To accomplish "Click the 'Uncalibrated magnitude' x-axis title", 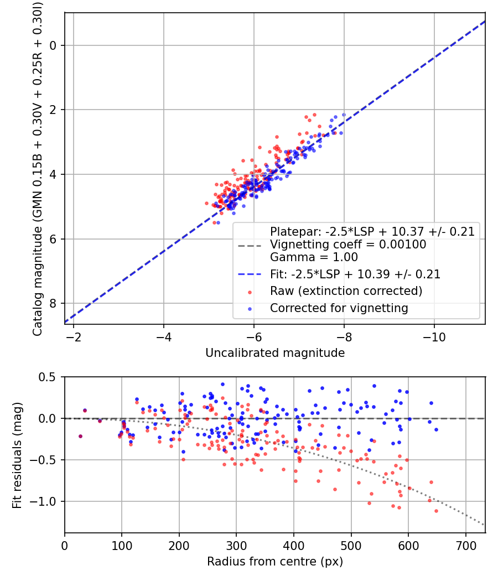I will coord(275,353).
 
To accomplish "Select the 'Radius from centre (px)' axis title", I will coord(275,562).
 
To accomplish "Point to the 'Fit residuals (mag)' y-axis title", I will coord(17,454).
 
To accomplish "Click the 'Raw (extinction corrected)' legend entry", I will coord(346,291).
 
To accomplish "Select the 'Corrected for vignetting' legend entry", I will coord(339,308).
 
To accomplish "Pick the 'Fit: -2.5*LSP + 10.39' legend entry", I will coord(355,274).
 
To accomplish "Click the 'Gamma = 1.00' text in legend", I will coord(314,257).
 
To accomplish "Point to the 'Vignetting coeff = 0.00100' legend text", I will coord(347,245).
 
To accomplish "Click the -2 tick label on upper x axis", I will coord(74,336).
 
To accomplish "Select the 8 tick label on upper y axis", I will coord(54,303).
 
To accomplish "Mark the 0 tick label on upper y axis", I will coord(54,45).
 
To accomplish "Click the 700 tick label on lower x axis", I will coord(465,545).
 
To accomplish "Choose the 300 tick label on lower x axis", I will coord(236,545).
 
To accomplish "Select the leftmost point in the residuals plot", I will coord(80,436).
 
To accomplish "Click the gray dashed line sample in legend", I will coord(251,245).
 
